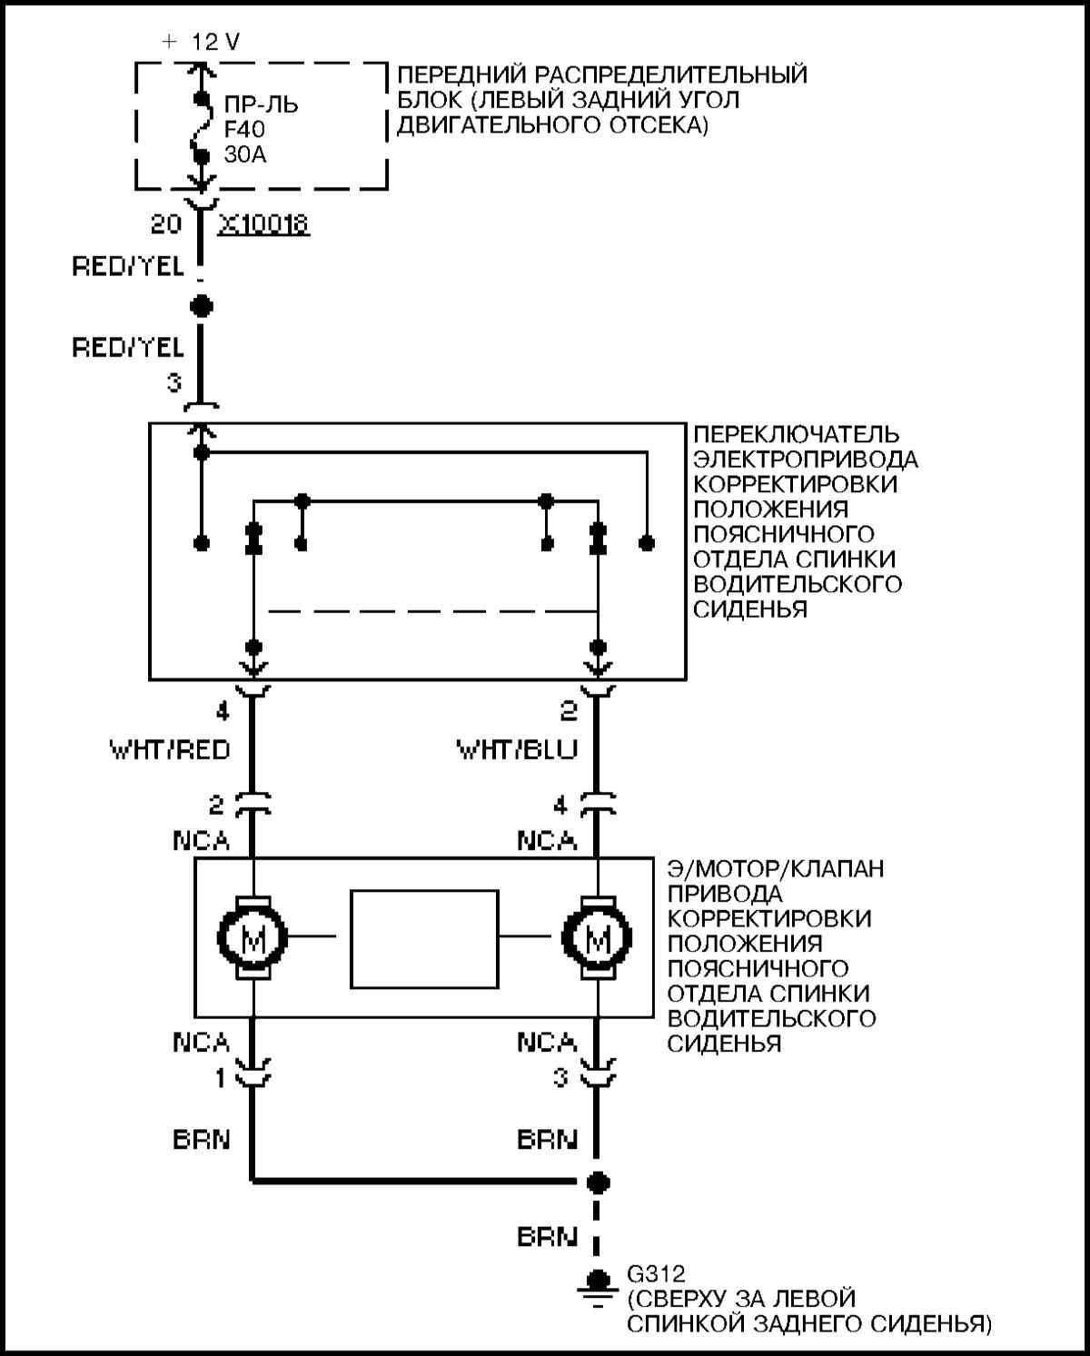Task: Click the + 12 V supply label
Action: click(x=201, y=42)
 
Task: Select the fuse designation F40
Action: click(x=244, y=129)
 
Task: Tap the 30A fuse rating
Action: click(x=245, y=154)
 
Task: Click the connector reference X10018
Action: click(x=263, y=224)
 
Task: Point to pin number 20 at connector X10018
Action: click(x=166, y=224)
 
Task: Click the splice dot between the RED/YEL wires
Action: click(x=202, y=307)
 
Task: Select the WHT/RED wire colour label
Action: click(x=170, y=750)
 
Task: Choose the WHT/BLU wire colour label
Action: click(x=517, y=750)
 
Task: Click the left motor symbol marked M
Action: click(x=253, y=938)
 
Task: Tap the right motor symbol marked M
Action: click(x=597, y=938)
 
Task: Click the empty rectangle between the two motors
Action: click(x=424, y=939)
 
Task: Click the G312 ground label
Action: click(x=656, y=1274)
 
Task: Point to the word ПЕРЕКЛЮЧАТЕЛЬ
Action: click(x=797, y=434)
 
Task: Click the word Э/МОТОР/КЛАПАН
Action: click(x=776, y=869)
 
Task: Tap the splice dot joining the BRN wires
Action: click(x=597, y=1183)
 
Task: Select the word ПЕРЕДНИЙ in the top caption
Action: click(x=461, y=74)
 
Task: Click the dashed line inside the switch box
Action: click(x=432, y=611)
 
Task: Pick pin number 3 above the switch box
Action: click(x=174, y=382)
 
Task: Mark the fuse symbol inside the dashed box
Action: click(x=202, y=126)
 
